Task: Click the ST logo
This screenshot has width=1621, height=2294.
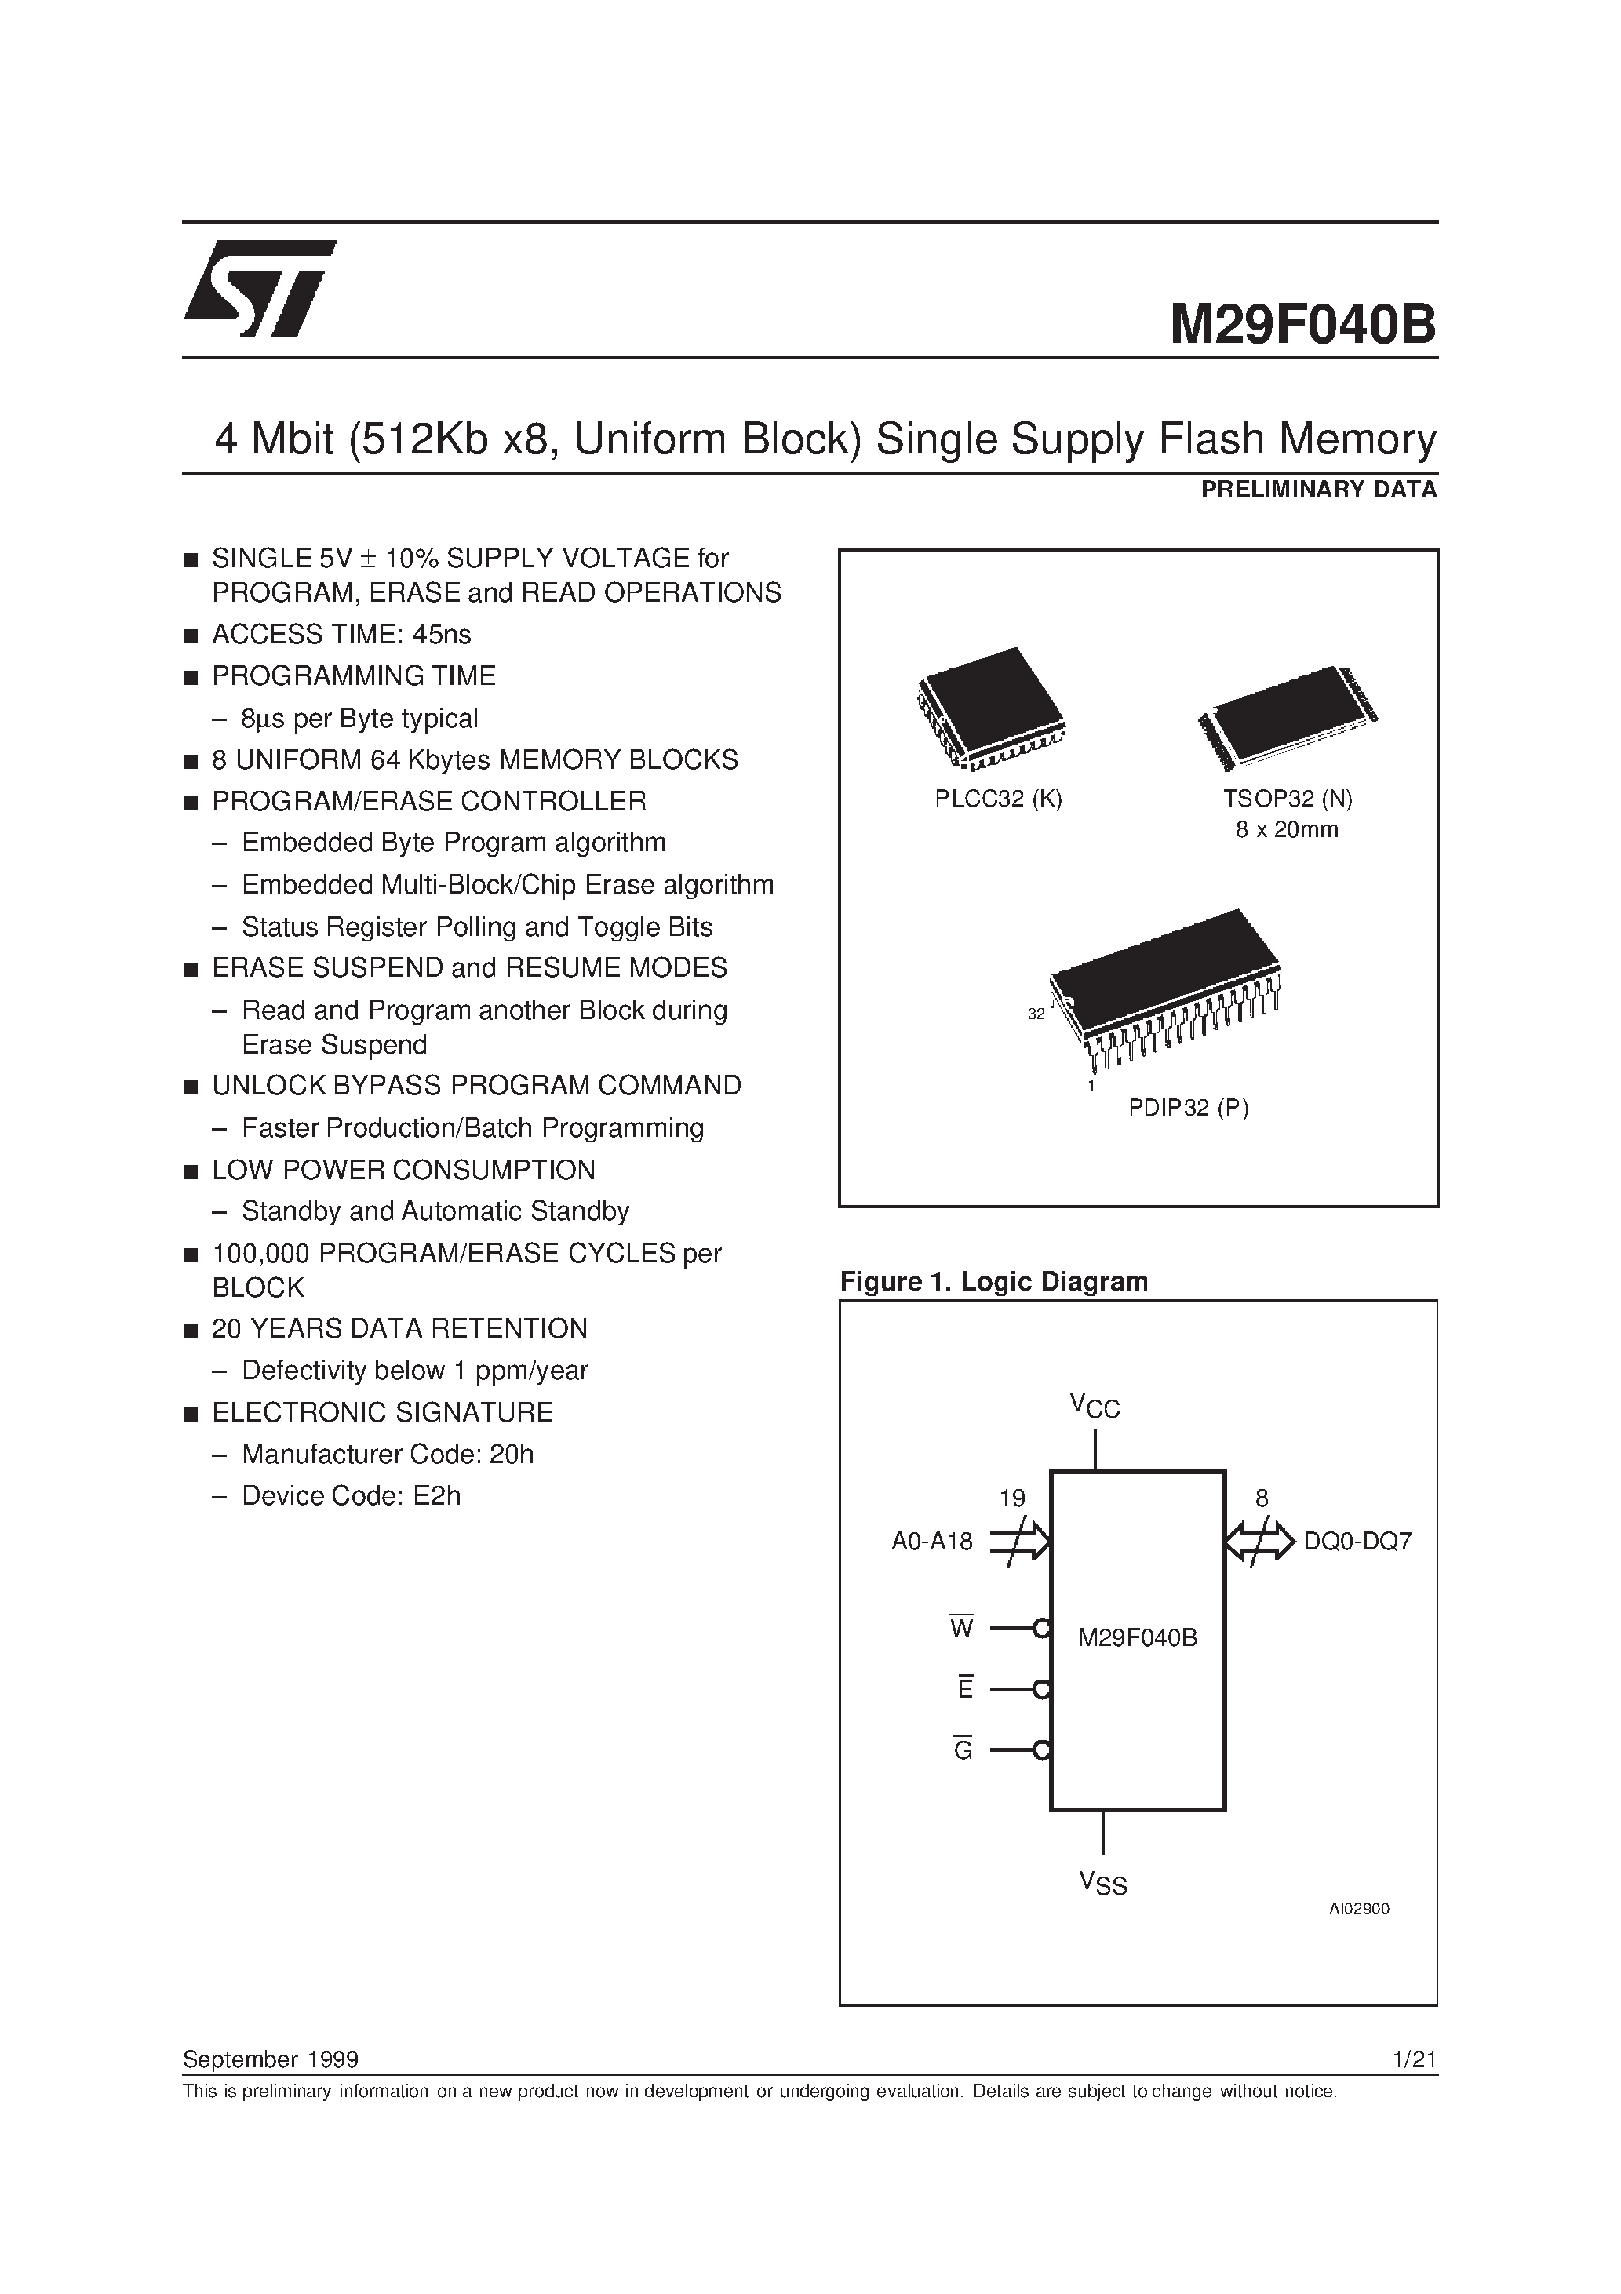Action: pyautogui.click(x=259, y=288)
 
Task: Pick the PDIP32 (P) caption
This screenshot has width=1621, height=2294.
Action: pyautogui.click(x=1188, y=1107)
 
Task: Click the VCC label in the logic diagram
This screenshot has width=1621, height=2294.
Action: pyautogui.click(x=1095, y=1407)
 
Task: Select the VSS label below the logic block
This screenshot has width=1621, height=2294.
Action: pyautogui.click(x=1102, y=1884)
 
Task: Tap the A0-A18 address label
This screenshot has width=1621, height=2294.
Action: pyautogui.click(x=931, y=1542)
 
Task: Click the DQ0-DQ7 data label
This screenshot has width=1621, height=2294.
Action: pyautogui.click(x=1357, y=1542)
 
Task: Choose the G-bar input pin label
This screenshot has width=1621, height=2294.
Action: pyautogui.click(x=963, y=1750)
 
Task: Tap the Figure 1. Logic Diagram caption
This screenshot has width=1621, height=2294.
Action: pyautogui.click(x=993, y=1282)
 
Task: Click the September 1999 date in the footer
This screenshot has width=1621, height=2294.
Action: pyautogui.click(x=271, y=2059)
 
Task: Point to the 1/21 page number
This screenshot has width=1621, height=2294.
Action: pyautogui.click(x=1413, y=2059)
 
